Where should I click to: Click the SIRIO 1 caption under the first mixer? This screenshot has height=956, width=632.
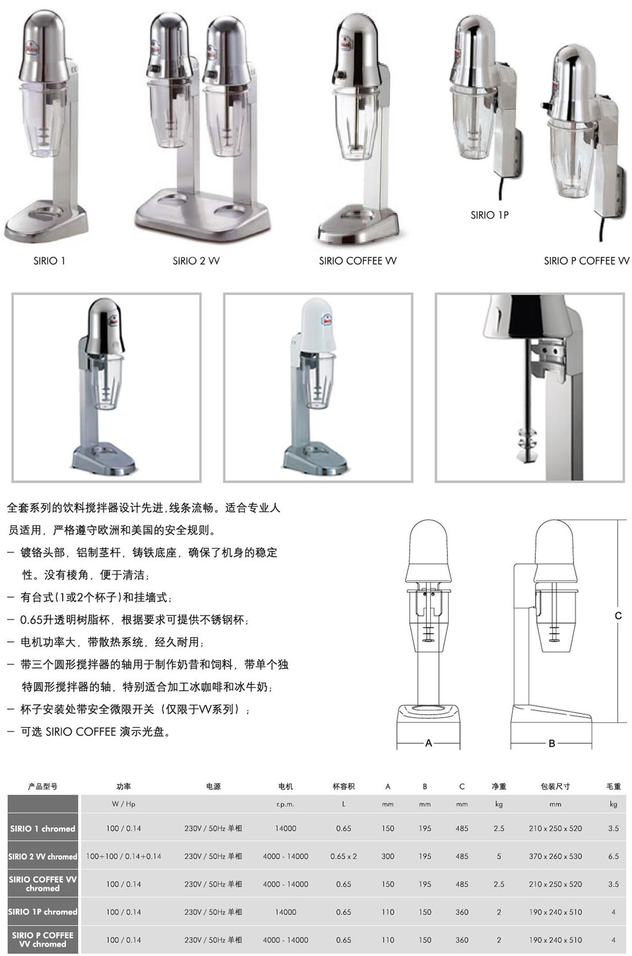click(49, 260)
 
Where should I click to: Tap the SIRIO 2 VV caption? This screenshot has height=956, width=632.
click(196, 260)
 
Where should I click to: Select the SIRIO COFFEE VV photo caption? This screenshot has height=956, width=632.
click(358, 260)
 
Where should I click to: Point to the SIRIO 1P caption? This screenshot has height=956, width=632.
click(490, 215)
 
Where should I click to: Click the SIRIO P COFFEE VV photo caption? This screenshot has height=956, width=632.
click(587, 260)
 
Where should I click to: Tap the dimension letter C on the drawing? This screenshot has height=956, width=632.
click(618, 615)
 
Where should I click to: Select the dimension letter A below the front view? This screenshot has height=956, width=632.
click(428, 743)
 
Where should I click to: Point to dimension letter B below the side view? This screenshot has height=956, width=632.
click(552, 743)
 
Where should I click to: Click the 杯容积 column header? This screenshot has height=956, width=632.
click(343, 786)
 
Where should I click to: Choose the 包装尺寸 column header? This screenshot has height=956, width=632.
click(555, 786)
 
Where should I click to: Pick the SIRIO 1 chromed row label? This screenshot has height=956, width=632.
click(43, 829)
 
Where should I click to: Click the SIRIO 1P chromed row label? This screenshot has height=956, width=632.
click(43, 912)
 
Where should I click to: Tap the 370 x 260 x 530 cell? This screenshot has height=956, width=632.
click(555, 856)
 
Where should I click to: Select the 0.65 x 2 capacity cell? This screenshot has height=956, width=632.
click(343, 856)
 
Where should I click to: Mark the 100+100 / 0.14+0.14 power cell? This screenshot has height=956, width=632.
click(123, 856)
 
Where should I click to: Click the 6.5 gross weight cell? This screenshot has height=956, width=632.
click(614, 856)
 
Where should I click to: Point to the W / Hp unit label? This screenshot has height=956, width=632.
click(123, 804)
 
